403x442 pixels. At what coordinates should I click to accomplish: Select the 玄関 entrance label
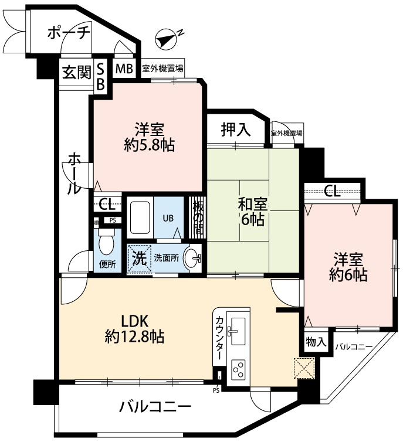click(x=76, y=72)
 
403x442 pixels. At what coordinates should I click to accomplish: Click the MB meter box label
click(x=123, y=69)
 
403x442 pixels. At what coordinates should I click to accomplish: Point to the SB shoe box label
click(x=100, y=77)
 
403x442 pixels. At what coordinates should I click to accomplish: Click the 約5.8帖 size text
click(x=150, y=145)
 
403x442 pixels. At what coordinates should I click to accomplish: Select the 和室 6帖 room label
click(x=253, y=212)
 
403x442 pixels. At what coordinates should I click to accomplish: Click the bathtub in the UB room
click(x=140, y=218)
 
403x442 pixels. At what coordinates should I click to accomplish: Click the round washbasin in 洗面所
click(x=193, y=257)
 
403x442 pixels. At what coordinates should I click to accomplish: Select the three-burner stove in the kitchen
click(x=239, y=369)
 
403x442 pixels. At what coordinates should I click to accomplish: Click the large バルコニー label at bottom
click(x=155, y=406)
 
